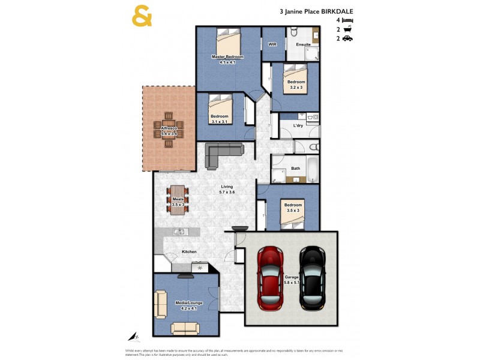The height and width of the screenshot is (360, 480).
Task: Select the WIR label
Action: click(271, 44)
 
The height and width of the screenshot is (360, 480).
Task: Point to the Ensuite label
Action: click(303, 44)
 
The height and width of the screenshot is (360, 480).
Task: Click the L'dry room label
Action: click(298, 125)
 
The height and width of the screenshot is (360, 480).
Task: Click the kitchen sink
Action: click(178, 232)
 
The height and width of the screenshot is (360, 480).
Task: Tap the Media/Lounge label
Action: click(189, 303)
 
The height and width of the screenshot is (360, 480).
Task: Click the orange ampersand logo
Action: click(142, 16)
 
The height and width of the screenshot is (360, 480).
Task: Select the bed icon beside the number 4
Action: click(347, 20)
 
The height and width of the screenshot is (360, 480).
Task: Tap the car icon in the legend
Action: click(347, 38)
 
